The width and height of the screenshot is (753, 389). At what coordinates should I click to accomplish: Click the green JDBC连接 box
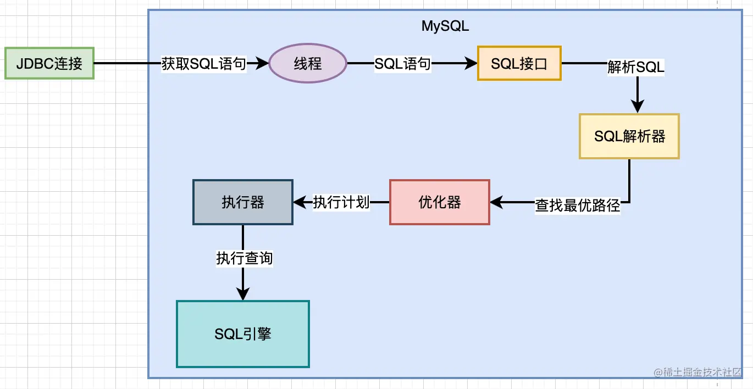49,63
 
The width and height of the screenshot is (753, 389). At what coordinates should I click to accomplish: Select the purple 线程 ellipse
308,64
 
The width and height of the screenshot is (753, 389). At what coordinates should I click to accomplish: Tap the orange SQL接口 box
519,63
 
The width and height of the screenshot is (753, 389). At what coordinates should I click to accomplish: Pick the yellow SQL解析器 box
629,136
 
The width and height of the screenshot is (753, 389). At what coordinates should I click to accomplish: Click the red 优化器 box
439,202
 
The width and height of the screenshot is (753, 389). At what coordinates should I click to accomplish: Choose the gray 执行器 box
243,202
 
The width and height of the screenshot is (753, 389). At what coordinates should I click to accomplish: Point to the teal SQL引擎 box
242,334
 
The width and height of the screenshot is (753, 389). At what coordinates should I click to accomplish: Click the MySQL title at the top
445,26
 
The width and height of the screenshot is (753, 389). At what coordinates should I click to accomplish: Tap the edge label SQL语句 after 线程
403,64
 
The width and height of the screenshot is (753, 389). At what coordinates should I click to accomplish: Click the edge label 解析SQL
636,67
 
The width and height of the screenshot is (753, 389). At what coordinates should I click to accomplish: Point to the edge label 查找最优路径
578,205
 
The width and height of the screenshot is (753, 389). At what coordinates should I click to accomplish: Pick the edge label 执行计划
341,202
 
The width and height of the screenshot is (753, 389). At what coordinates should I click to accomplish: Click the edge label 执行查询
244,258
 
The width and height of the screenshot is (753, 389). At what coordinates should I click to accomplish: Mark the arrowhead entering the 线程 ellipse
263,64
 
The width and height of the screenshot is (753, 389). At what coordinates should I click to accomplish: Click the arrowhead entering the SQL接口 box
471,64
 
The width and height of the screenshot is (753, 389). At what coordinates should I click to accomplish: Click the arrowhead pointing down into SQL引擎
242,294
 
